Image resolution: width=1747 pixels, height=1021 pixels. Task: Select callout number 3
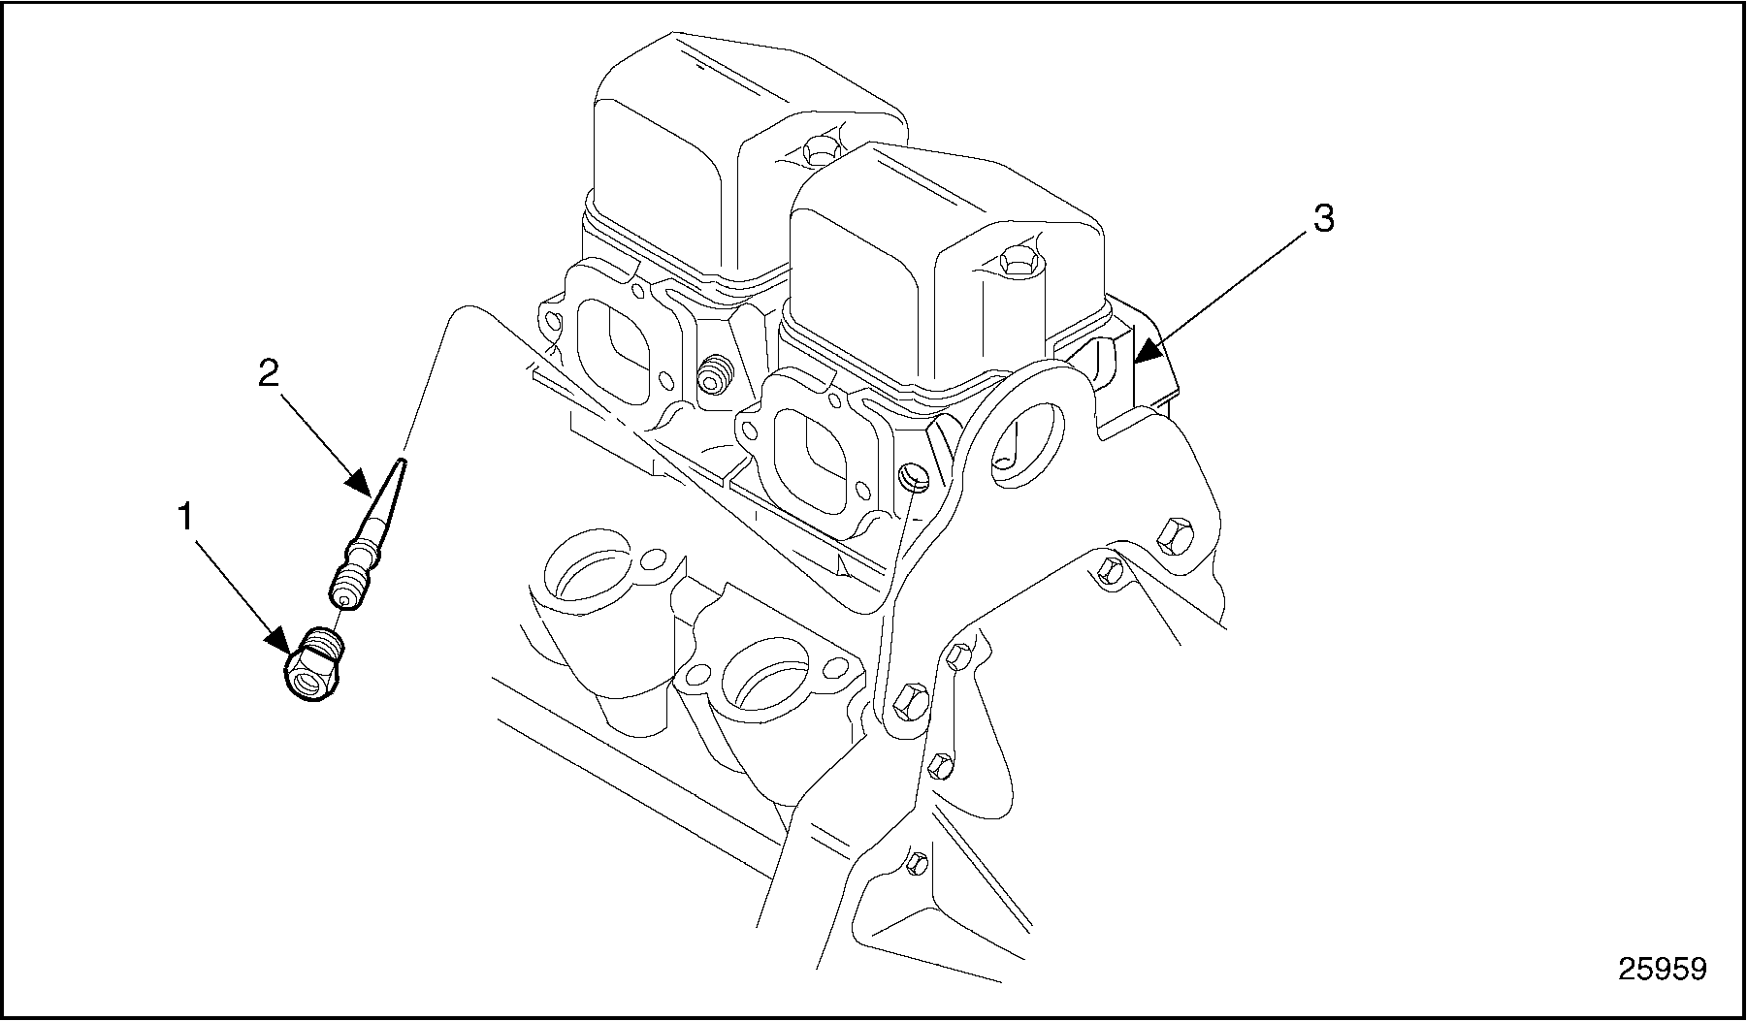coord(1323,219)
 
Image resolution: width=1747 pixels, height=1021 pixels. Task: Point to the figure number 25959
coord(1662,969)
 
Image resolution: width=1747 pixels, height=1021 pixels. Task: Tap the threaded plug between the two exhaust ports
coord(716,374)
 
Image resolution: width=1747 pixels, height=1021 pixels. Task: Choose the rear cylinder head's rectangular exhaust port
coord(619,349)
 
